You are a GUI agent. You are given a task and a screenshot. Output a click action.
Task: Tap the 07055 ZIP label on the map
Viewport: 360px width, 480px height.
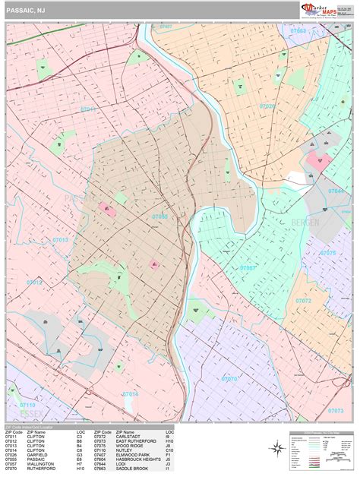(x=160, y=216)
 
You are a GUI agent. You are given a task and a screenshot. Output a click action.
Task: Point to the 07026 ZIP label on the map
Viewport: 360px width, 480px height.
(x=268, y=106)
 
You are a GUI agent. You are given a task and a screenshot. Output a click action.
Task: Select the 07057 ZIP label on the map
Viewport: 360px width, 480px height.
(x=248, y=268)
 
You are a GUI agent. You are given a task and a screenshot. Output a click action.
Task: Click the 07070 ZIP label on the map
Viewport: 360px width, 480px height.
(x=229, y=377)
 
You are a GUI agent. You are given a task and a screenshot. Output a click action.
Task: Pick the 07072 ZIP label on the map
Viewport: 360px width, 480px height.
(x=303, y=301)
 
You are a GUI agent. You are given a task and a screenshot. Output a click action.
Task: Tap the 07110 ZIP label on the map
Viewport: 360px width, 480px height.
(x=27, y=406)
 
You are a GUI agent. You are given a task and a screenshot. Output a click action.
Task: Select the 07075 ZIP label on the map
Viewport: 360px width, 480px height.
(x=327, y=253)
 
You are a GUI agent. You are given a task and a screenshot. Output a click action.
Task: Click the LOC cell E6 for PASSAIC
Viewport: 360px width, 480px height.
(x=79, y=459)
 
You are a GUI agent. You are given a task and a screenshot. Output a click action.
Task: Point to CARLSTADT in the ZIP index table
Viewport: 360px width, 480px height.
(x=128, y=436)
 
